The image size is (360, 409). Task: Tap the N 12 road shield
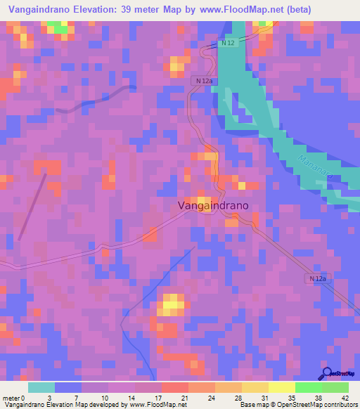pyautogui.click(x=226, y=44)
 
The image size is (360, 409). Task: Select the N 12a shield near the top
pyautogui.click(x=203, y=81)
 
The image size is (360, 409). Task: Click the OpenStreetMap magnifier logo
pyautogui.click(x=327, y=373)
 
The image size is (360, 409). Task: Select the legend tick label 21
pyautogui.click(x=184, y=397)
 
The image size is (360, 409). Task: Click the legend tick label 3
pyautogui.click(x=49, y=397)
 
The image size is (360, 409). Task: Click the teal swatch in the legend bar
pyautogui.click(x=41, y=387)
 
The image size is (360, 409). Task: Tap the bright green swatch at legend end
pyautogui.click(x=335, y=387)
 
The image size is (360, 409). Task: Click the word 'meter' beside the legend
pyautogui.click(x=10, y=397)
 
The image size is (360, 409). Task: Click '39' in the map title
pyautogui.click(x=126, y=9)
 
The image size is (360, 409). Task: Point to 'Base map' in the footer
pyautogui.click(x=253, y=405)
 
